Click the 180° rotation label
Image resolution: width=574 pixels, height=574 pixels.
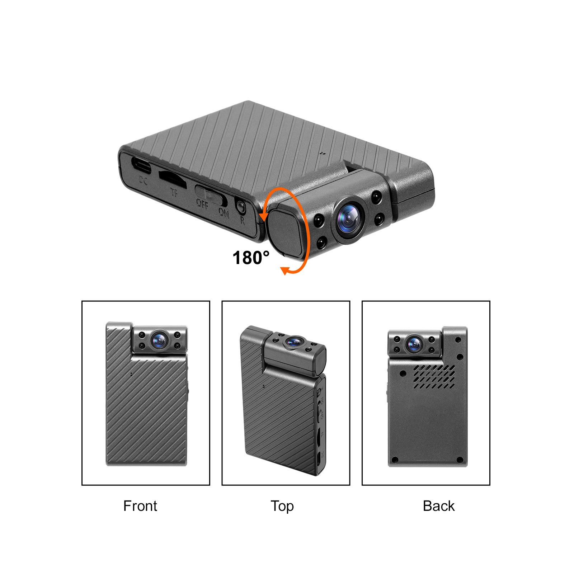tap(251, 258)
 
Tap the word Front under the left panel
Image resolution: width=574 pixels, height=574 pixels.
tap(140, 506)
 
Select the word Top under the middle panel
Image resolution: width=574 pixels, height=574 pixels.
tap(282, 506)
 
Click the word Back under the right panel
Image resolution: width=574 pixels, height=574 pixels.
tap(438, 506)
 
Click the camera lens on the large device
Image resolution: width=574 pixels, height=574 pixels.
tap(349, 218)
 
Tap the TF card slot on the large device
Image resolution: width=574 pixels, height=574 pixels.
tap(172, 179)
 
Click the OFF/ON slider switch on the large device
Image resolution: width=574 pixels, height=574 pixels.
tap(211, 194)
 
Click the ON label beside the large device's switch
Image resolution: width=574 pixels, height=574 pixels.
tap(224, 213)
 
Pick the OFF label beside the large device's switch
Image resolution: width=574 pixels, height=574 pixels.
tap(202, 204)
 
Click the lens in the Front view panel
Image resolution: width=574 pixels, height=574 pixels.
tap(159, 340)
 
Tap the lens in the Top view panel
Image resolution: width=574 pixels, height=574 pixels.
tap(294, 342)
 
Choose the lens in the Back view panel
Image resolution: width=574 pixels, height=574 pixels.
tap(415, 344)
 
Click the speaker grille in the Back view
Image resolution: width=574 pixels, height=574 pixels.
tap(434, 377)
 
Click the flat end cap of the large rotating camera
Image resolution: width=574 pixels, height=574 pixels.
tap(285, 232)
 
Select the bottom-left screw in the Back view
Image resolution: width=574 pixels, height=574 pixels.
tap(395, 460)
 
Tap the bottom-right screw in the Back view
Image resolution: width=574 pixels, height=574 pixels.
tap(460, 460)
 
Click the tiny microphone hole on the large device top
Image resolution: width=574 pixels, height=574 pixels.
tap(322, 153)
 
